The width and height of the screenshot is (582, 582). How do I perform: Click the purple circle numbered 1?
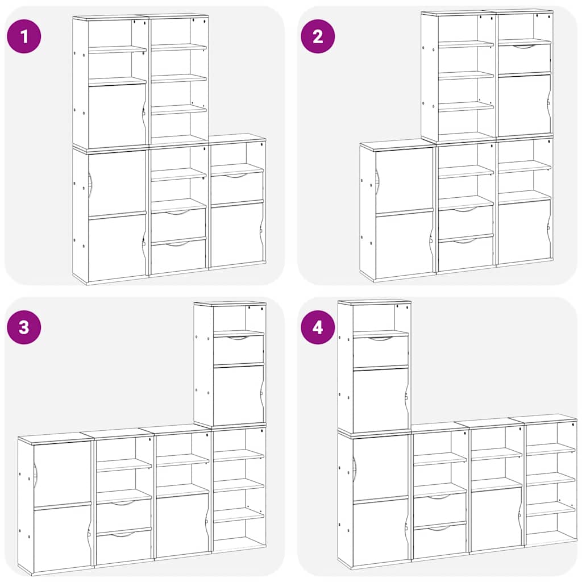pos(24,36)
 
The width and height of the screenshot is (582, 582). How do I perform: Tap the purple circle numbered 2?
pos(318,36)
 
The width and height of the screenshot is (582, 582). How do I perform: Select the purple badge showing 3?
pos(24,327)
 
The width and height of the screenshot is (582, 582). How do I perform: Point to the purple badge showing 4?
pos(318,327)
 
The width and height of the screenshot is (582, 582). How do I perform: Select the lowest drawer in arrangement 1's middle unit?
pos(178,257)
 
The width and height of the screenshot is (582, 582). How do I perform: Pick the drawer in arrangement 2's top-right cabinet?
pos(524,59)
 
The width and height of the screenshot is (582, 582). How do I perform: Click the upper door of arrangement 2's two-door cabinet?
pos(404,181)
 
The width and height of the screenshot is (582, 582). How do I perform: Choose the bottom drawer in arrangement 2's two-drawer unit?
pos(466,253)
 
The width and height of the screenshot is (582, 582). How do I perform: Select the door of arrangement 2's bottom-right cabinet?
pos(524,232)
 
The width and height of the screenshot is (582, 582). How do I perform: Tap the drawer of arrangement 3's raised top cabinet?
pos(238,350)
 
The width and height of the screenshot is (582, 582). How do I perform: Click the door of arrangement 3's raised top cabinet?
pos(238,396)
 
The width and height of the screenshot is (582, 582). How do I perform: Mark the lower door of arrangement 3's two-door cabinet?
pos(62,537)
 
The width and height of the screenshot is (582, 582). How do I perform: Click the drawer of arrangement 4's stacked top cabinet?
pos(380,352)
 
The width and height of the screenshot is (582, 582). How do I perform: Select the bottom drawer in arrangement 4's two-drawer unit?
pos(439,541)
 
